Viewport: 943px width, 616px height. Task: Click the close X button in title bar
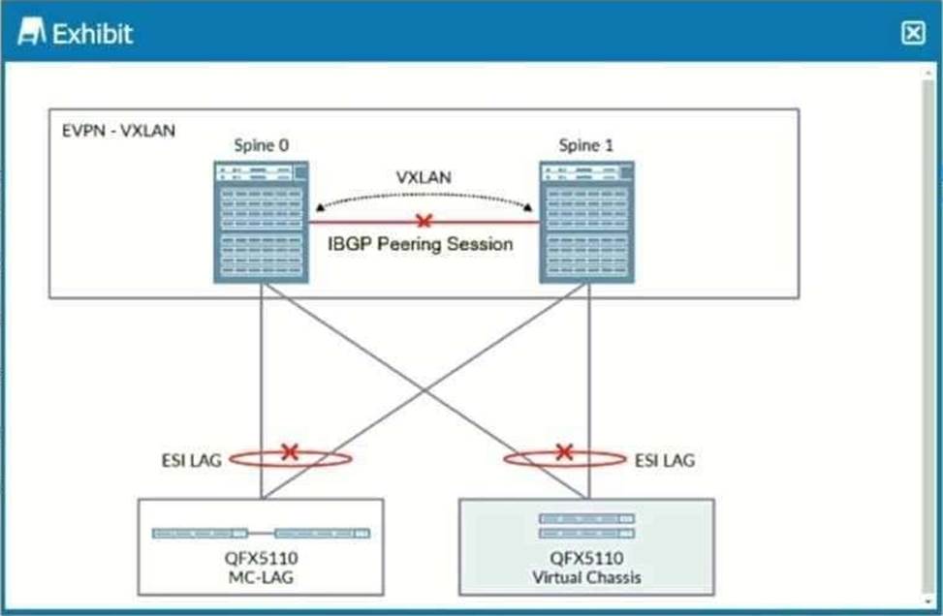point(913,33)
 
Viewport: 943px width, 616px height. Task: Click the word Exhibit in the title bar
point(93,34)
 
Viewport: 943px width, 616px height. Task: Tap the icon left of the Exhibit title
point(32,34)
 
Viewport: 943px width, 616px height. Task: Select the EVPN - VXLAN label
point(117,130)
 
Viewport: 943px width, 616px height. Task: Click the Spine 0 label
point(261,146)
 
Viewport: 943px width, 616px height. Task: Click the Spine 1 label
point(585,146)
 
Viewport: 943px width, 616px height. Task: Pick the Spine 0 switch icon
point(261,223)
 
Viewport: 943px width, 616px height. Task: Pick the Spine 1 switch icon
point(587,223)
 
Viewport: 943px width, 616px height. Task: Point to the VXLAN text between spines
point(424,179)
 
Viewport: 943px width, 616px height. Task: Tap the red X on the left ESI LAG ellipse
point(289,451)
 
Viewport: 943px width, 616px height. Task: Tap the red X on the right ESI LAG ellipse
point(564,451)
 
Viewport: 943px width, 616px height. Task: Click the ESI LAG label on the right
point(665,460)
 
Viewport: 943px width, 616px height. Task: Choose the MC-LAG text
point(261,578)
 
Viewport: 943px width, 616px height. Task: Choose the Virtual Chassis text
point(586,578)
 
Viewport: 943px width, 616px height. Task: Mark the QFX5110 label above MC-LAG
point(261,559)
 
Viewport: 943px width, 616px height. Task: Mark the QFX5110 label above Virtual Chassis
point(586,559)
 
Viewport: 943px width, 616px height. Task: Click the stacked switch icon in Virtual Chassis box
point(586,526)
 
